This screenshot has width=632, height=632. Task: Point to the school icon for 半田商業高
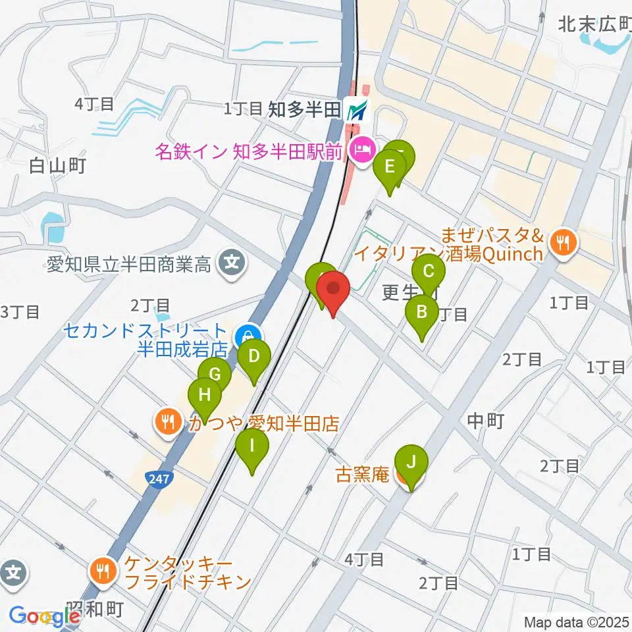pos(231,264)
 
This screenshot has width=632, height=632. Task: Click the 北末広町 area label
pos(594,25)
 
